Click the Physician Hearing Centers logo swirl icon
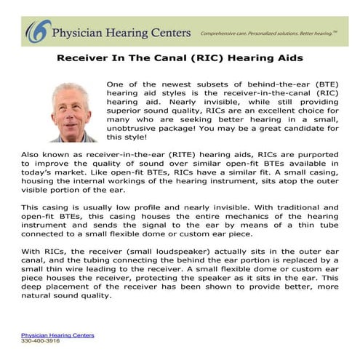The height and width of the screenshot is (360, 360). [x=34, y=33]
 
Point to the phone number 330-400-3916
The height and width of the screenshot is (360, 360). [x=39, y=340]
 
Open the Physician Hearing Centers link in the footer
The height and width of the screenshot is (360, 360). [x=57, y=335]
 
